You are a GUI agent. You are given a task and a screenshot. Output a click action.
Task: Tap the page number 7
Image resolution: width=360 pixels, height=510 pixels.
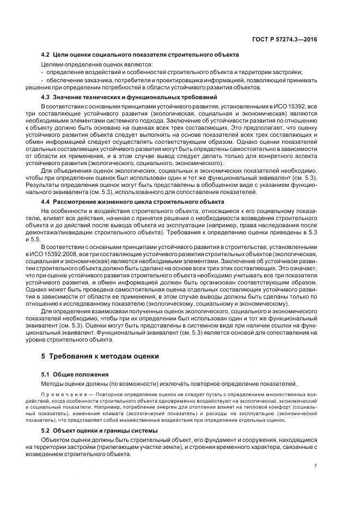pyautogui.click(x=315, y=465)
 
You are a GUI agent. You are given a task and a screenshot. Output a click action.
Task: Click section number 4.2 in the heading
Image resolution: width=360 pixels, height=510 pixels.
pyautogui.click(x=46, y=56)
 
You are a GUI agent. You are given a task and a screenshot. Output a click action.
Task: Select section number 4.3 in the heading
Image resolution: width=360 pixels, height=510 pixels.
pyautogui.click(x=46, y=97)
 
